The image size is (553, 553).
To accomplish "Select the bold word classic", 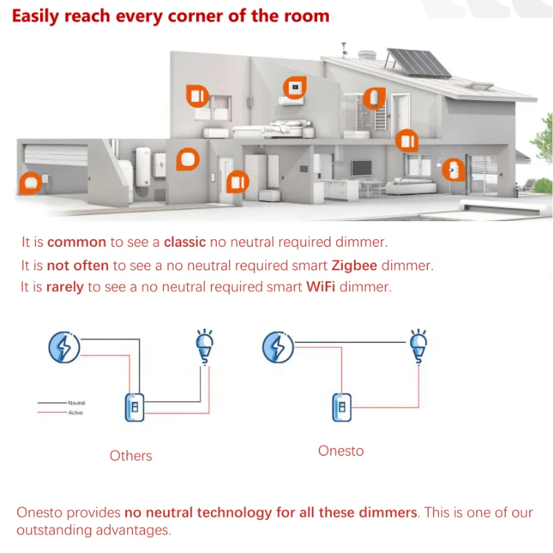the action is point(185,243).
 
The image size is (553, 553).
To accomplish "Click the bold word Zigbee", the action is point(355,265).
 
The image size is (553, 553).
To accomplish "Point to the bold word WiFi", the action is point(321,287).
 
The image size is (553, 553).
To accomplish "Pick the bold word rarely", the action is point(65,287).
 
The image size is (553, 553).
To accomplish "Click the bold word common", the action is point(77,243).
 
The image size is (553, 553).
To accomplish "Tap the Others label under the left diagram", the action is point(131,456).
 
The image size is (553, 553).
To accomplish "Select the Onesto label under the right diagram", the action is point(341,451).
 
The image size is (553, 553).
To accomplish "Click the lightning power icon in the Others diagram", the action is point(64,347).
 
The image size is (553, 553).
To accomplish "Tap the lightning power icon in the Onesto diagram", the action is point(278,347).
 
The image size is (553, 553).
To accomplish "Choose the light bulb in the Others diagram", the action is point(205,346).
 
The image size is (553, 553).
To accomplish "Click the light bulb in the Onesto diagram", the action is point(418,345).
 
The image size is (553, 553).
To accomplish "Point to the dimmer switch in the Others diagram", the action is point(135,407).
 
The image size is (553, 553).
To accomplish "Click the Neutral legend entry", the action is point(76,402).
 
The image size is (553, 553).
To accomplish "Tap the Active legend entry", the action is point(75,413).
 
